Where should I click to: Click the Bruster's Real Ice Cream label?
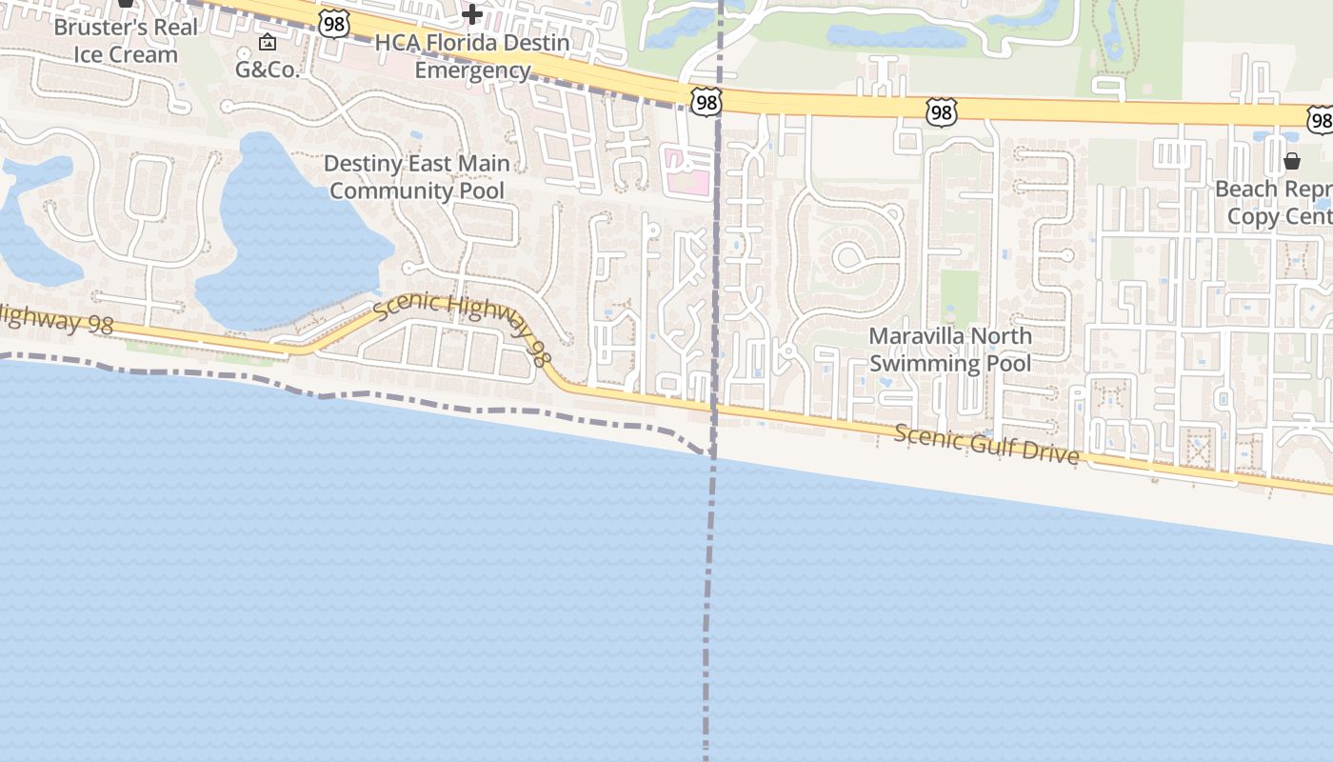click(126, 41)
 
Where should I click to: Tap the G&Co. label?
click(268, 70)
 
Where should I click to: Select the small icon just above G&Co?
click(268, 42)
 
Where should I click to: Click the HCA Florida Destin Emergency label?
click(472, 56)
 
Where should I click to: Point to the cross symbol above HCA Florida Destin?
click(471, 14)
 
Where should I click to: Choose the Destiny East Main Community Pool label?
click(417, 176)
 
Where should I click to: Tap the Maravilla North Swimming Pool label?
click(950, 350)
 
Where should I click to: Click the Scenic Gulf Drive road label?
click(986, 445)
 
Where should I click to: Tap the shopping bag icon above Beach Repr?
click(1291, 161)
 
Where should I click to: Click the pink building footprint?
click(687, 171)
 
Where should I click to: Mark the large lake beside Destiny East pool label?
click(286, 238)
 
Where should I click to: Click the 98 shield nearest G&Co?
click(333, 24)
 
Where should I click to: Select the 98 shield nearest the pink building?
click(706, 102)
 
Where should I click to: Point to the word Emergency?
click(472, 70)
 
